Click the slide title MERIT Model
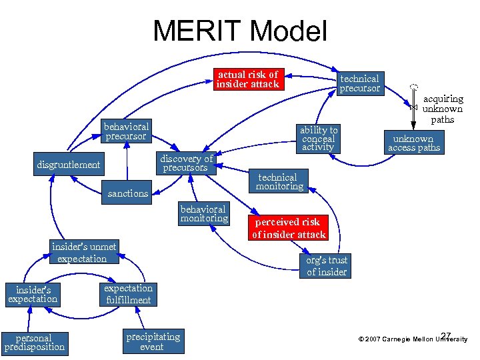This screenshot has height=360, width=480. pyautogui.click(x=240, y=31)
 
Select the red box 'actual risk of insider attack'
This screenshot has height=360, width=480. pyautogui.click(x=247, y=79)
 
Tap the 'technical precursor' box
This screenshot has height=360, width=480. pyautogui.click(x=359, y=83)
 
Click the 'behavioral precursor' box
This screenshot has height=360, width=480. pyautogui.click(x=126, y=131)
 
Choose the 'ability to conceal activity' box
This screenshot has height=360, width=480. pyautogui.click(x=319, y=138)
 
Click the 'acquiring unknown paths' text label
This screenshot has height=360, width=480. pyautogui.click(x=443, y=109)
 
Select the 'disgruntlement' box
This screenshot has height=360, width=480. pyautogui.click(x=69, y=165)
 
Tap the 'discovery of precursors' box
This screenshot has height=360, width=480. pyautogui.click(x=187, y=163)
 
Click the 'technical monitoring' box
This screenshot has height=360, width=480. pyautogui.click(x=279, y=182)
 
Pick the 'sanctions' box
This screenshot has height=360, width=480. pyautogui.click(x=128, y=193)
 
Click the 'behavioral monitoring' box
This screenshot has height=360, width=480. pyautogui.click(x=204, y=213)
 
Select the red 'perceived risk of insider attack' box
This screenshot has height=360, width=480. pyautogui.click(x=288, y=228)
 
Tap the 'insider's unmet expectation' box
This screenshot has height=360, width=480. pyautogui.click(x=83, y=253)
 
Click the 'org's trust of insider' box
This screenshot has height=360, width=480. pyautogui.click(x=326, y=266)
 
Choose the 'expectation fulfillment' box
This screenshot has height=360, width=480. pyautogui.click(x=128, y=294)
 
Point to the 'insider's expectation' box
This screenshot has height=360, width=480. pyautogui.click(x=33, y=294)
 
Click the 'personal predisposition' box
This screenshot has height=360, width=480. pyautogui.click(x=35, y=342)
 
